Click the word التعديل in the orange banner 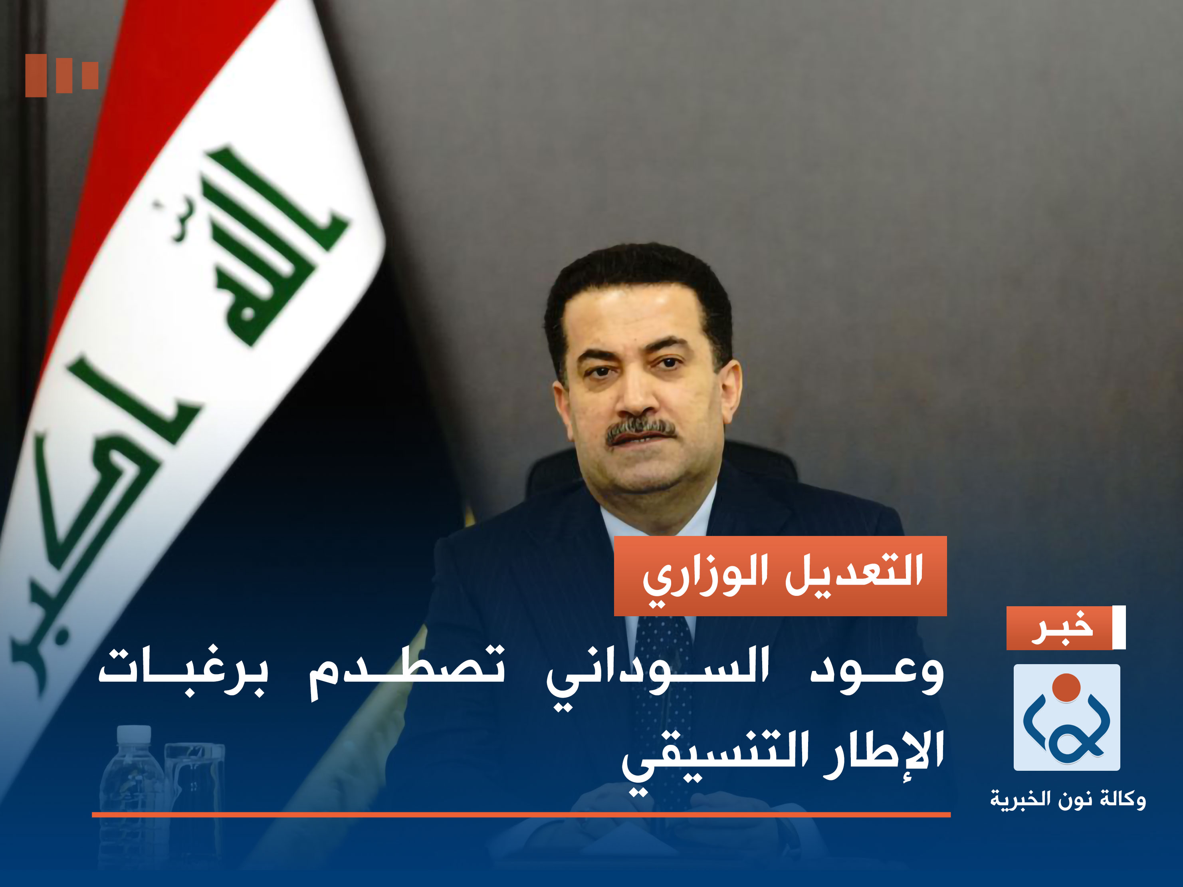(854, 572)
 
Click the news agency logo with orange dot (1066, 717)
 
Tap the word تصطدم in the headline (406, 671)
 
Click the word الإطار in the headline (882, 752)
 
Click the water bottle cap (133, 732)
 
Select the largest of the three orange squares (36, 75)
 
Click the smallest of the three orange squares (90, 75)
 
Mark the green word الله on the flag (268, 252)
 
